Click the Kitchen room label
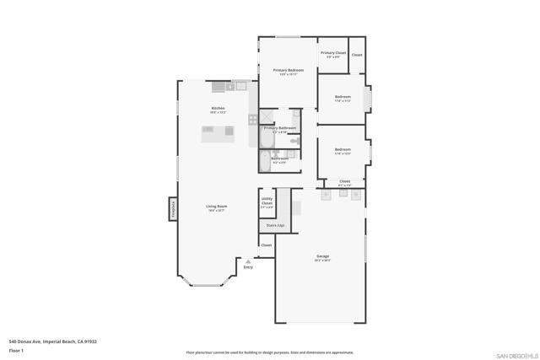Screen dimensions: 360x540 218,109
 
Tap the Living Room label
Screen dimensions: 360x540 217,207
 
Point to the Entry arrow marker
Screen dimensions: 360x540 248,263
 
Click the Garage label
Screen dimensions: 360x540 322,257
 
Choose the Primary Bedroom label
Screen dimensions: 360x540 288,71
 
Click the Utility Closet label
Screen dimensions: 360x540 267,202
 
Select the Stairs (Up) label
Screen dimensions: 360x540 275,226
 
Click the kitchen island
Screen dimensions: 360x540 217,132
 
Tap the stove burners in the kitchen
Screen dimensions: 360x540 252,120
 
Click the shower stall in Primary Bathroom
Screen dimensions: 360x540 267,117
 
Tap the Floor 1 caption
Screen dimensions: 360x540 16,349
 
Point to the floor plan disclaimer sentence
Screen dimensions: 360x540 270,352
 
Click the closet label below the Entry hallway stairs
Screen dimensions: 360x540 266,245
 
